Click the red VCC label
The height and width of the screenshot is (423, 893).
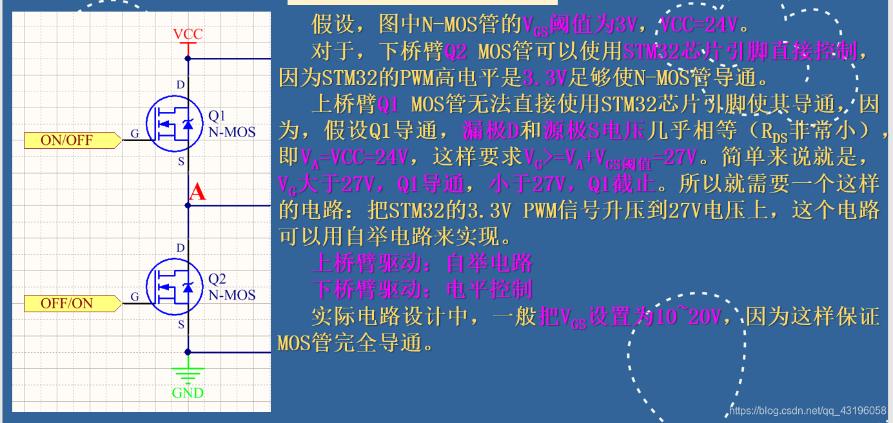(188, 33)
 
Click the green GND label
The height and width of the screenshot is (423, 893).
(188, 392)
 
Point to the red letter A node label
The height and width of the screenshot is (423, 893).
(197, 192)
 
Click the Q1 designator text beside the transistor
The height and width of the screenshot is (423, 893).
(217, 116)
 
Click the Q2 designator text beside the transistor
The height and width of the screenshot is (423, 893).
(217, 279)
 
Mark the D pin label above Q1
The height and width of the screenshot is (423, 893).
(181, 85)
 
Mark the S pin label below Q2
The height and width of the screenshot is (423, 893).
(181, 324)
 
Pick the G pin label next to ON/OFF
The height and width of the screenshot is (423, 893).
(135, 133)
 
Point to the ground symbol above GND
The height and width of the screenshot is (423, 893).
(188, 374)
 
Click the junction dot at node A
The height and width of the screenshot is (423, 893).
(188, 205)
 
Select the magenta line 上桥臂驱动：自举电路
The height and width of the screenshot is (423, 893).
(422, 263)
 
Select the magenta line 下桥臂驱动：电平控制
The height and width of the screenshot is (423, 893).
(422, 289)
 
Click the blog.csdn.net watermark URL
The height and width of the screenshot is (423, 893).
(807, 410)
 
